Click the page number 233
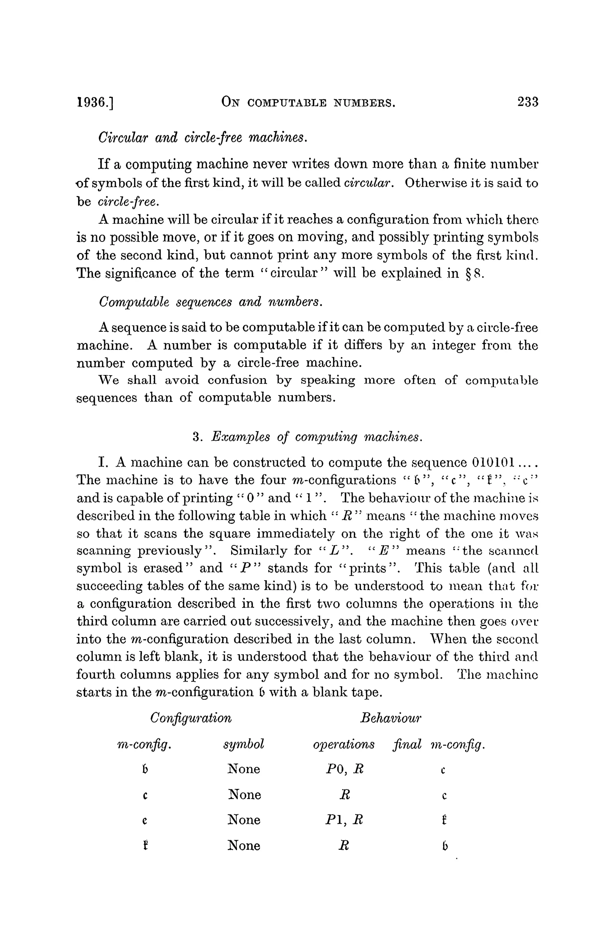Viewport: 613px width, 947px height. (527, 102)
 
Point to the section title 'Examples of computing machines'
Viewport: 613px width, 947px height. (306, 437)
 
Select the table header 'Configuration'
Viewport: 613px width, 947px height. (191, 718)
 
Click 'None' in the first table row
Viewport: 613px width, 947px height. (244, 769)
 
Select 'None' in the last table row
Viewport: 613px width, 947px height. (244, 845)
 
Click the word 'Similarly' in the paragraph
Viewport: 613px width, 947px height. (260, 551)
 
